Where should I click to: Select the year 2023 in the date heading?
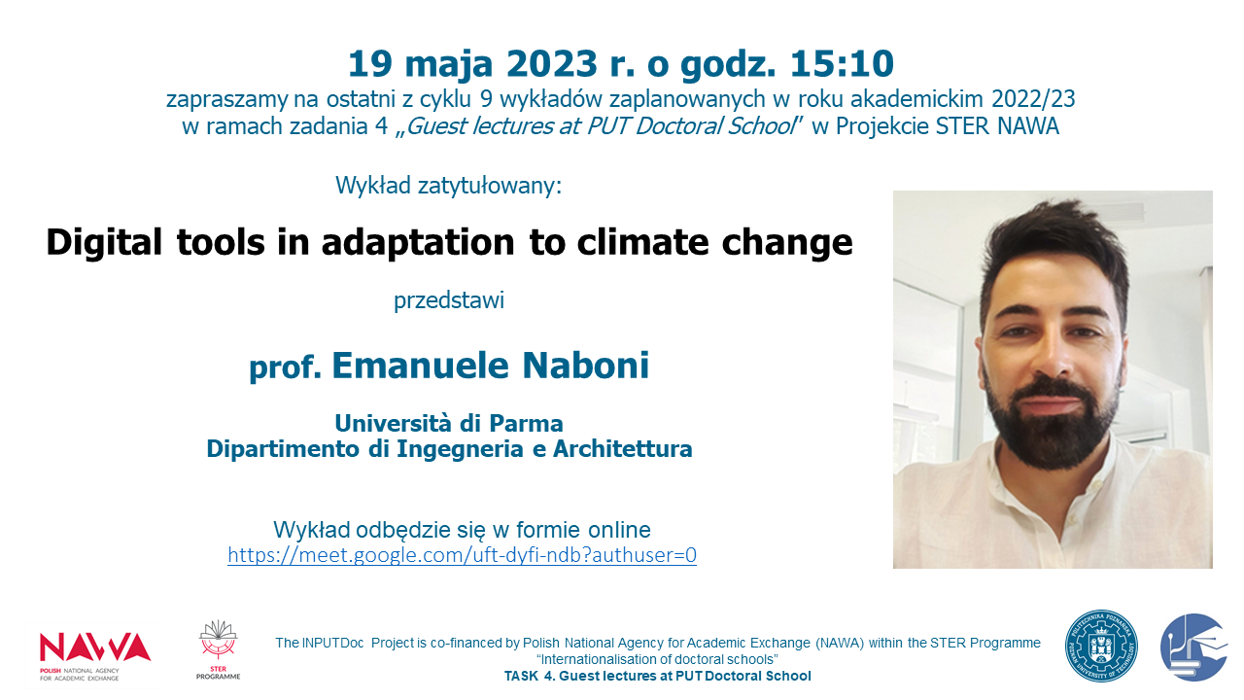(551, 63)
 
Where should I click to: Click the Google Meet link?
(462, 554)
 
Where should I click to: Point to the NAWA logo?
(95, 654)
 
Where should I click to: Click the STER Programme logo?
(219, 650)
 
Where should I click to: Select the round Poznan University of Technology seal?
(1101, 647)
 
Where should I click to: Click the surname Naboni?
(585, 365)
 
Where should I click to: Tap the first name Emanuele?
(421, 365)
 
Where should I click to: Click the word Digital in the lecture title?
(104, 243)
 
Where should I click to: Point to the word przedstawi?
(449, 300)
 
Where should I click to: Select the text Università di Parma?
(449, 423)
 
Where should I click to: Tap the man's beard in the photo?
(1052, 428)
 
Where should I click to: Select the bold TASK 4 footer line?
(658, 676)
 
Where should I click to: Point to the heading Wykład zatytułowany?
(449, 186)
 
